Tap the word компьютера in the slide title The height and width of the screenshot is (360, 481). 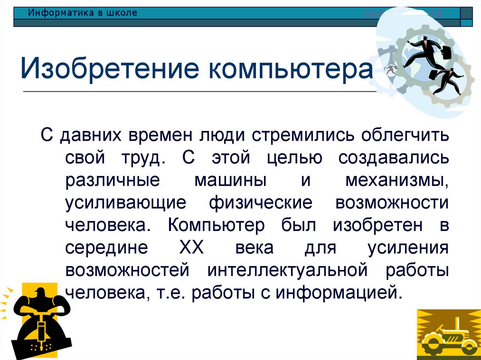tap(291, 69)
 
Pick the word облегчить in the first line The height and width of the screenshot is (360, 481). tap(405, 136)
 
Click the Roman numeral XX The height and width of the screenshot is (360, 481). tap(191, 247)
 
